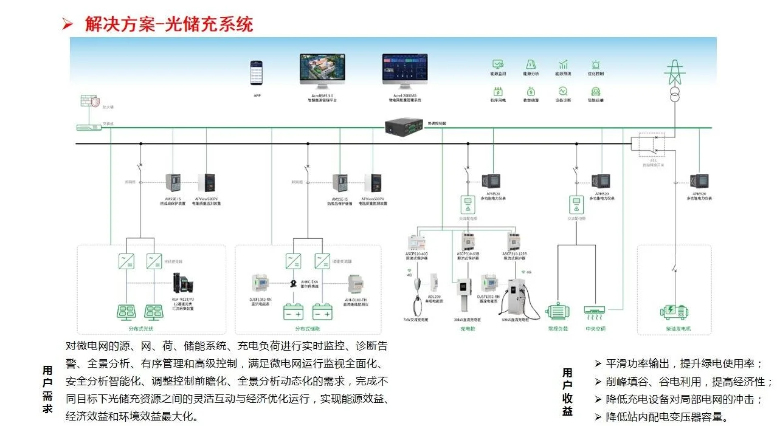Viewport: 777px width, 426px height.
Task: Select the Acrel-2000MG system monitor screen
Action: (405, 70)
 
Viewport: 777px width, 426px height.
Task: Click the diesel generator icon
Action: (674, 312)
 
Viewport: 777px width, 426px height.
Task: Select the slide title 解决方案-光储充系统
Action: (168, 24)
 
